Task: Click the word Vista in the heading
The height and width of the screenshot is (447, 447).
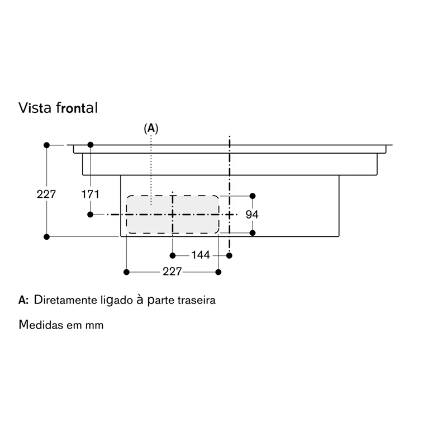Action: pos(35,108)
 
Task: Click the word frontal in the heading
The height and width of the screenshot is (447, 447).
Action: pos(77,108)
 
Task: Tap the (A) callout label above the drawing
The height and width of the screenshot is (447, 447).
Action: pos(151,129)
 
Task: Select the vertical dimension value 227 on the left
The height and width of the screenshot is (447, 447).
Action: pos(46,194)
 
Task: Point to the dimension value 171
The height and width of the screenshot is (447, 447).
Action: pos(91,194)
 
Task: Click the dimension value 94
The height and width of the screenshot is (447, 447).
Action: pos(252,215)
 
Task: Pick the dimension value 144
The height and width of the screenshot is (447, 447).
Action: pos(201,255)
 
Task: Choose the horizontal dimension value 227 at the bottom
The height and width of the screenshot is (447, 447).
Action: pos(172,272)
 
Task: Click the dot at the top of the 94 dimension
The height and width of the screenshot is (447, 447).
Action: pos(253,196)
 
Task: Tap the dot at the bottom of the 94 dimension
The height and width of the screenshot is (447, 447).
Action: pos(253,233)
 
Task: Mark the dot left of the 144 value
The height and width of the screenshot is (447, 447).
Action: pos(173,255)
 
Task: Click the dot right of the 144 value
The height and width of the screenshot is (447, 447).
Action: pos(229,255)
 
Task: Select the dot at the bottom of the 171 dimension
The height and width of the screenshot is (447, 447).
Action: pos(91,215)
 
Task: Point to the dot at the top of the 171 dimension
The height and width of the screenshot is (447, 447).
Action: pos(91,145)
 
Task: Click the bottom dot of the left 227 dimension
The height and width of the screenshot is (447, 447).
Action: pos(47,236)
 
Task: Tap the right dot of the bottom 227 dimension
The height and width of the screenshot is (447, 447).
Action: pos(218,272)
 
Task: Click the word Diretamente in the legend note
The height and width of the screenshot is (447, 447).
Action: pos(65,300)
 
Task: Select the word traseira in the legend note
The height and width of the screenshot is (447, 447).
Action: pos(197,300)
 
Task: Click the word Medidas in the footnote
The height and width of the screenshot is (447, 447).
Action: pos(41,325)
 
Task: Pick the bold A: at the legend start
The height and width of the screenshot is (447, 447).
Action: pos(23,300)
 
